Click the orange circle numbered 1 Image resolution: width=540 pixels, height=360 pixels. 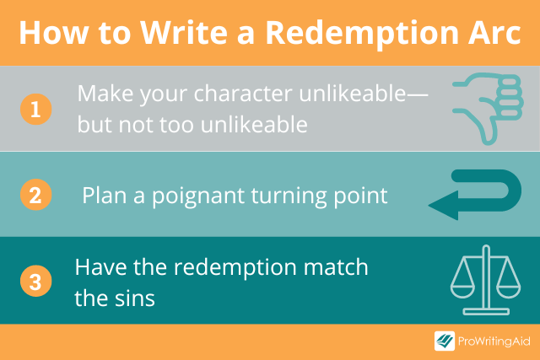point(35,108)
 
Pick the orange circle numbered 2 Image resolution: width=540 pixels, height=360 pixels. point(35,195)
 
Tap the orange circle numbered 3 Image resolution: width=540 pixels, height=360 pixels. point(35,281)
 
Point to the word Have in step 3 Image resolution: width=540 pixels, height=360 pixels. point(95,267)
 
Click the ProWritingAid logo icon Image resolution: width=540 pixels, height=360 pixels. point(445,341)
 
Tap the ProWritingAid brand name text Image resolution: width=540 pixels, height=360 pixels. point(494,341)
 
